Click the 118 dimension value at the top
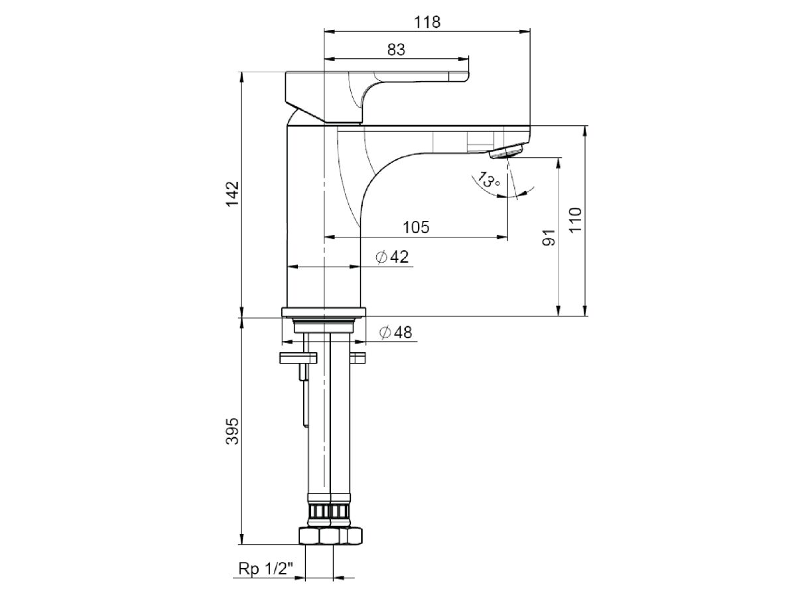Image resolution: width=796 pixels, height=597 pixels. (x=427, y=21)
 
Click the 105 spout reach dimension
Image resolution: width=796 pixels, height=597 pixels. (x=416, y=227)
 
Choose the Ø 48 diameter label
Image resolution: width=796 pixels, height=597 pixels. (x=395, y=333)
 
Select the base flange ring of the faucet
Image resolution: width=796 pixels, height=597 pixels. (x=324, y=312)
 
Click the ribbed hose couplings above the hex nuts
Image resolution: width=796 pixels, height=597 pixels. (x=330, y=512)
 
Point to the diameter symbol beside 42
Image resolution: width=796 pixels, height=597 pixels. (x=381, y=257)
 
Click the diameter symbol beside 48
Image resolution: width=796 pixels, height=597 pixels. (x=385, y=333)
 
